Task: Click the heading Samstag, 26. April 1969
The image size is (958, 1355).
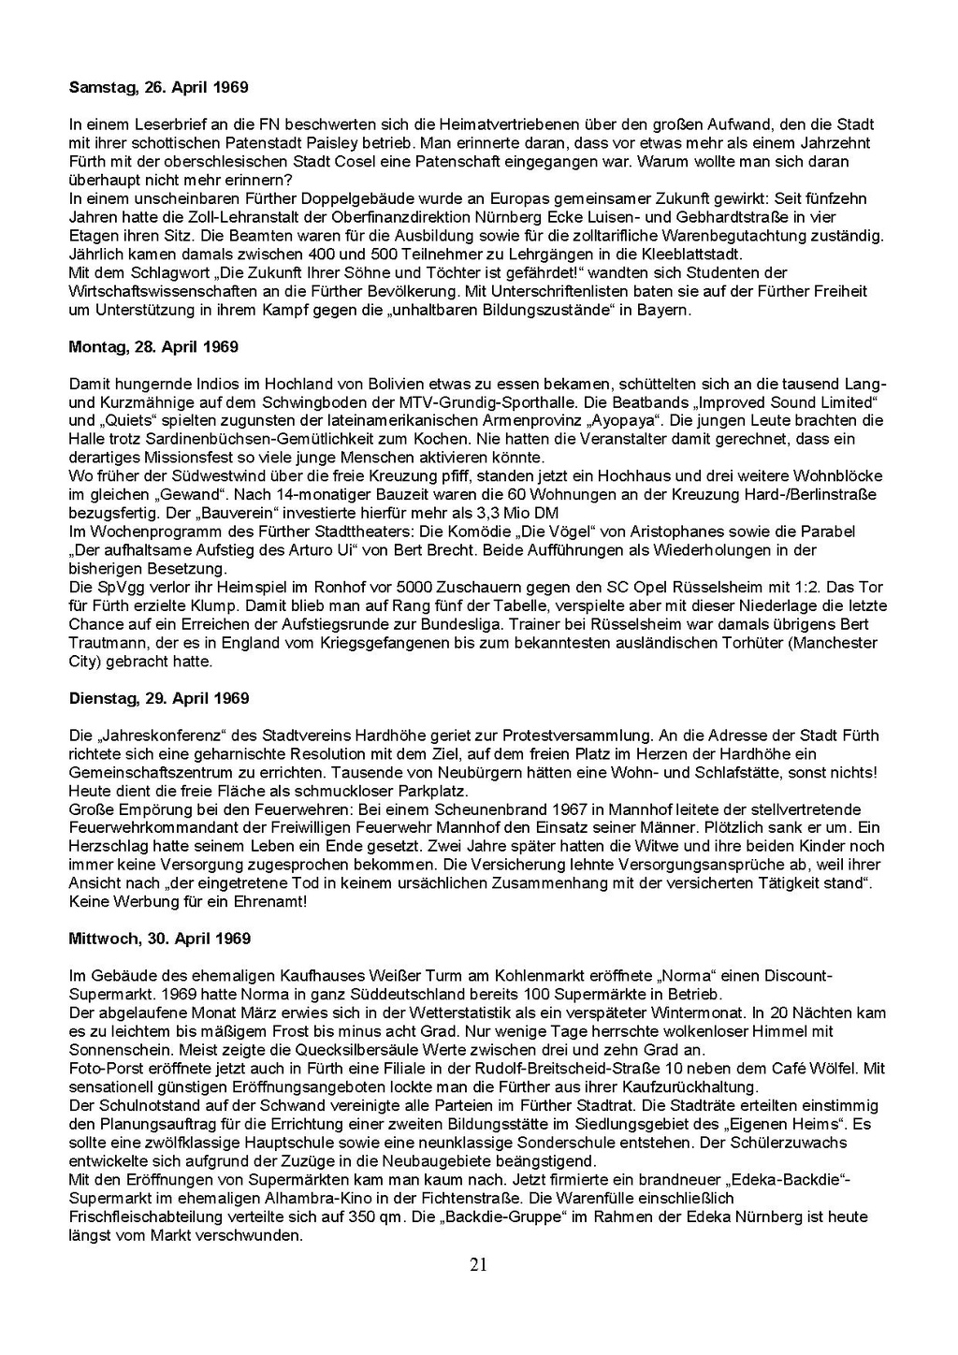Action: (158, 88)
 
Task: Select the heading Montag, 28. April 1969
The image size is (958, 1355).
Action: (153, 347)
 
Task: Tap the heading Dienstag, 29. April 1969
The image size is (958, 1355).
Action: (158, 699)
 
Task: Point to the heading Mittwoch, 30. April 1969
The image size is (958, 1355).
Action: (159, 938)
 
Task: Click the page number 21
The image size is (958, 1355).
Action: (478, 1266)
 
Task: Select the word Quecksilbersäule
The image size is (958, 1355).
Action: (336, 1049)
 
